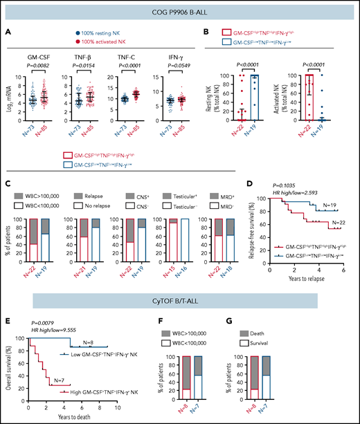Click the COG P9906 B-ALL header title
click(180, 10)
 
